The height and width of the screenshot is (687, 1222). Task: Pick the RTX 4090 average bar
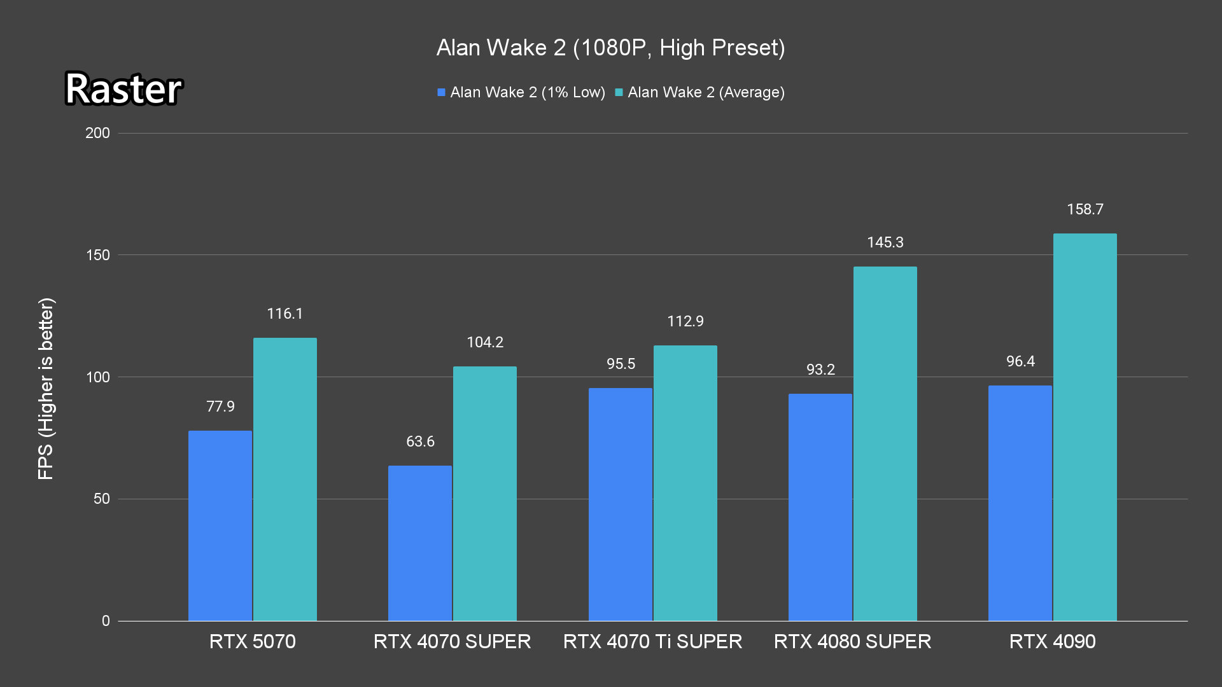(1085, 427)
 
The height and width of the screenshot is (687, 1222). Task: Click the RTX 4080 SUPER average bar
(885, 443)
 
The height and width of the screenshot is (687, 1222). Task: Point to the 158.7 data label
(1085, 209)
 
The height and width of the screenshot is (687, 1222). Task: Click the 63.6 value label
(420, 441)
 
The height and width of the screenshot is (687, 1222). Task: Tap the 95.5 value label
(621, 364)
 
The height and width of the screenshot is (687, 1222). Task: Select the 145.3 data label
(885, 242)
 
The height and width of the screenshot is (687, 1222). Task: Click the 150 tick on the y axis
(97, 255)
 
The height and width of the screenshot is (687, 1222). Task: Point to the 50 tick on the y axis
(102, 499)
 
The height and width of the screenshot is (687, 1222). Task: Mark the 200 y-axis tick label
(97, 133)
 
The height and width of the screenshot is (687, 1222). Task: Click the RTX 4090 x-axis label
(1052, 641)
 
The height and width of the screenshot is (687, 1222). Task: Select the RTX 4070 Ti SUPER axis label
(652, 641)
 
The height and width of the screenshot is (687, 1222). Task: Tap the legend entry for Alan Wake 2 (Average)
(699, 92)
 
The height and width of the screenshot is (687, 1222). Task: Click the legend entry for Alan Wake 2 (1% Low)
(521, 92)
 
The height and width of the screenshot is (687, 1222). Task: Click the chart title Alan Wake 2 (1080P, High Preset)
(610, 48)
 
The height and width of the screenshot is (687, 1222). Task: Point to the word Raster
(123, 88)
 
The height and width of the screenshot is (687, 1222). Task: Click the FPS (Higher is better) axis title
(46, 388)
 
